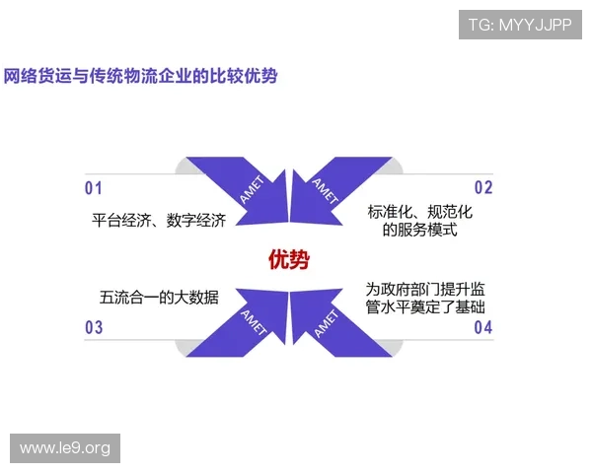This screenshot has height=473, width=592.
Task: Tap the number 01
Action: click(x=94, y=188)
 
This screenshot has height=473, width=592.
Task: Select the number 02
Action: click(x=482, y=188)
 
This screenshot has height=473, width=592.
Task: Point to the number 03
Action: click(x=94, y=328)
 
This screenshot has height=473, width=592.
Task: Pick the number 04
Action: click(x=482, y=328)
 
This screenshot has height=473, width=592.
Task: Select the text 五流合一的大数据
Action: click(x=159, y=298)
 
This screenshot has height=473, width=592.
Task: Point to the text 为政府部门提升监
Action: click(x=425, y=289)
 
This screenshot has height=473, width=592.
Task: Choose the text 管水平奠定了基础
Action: click(x=425, y=307)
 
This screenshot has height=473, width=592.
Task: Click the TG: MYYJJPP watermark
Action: click(x=520, y=25)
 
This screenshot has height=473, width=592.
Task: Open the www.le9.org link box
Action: click(x=66, y=448)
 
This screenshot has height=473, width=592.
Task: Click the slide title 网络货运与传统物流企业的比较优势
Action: click(x=140, y=75)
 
